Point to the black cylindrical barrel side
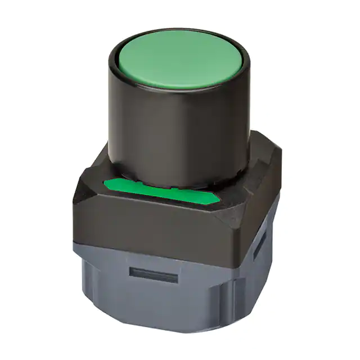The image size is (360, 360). pos(169,129)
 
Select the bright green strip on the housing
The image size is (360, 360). pos(163,192)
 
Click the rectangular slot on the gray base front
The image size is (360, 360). pos(153,276)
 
